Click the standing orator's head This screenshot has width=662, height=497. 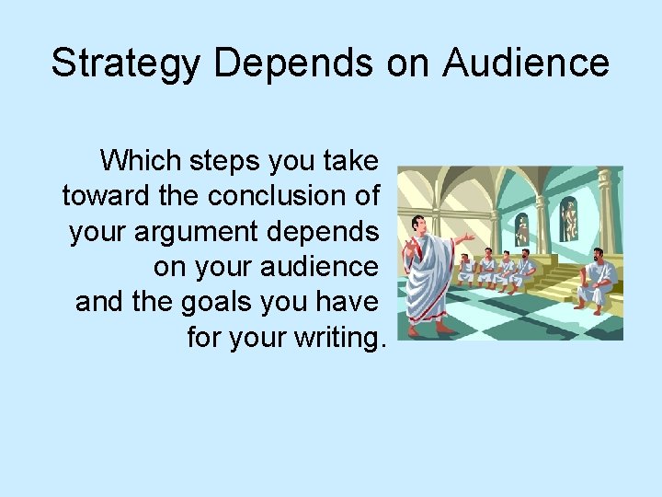pyautogui.click(x=420, y=225)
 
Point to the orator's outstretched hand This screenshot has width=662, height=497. pyautogui.click(x=470, y=238)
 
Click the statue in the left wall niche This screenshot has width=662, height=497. pyautogui.click(x=523, y=226)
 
